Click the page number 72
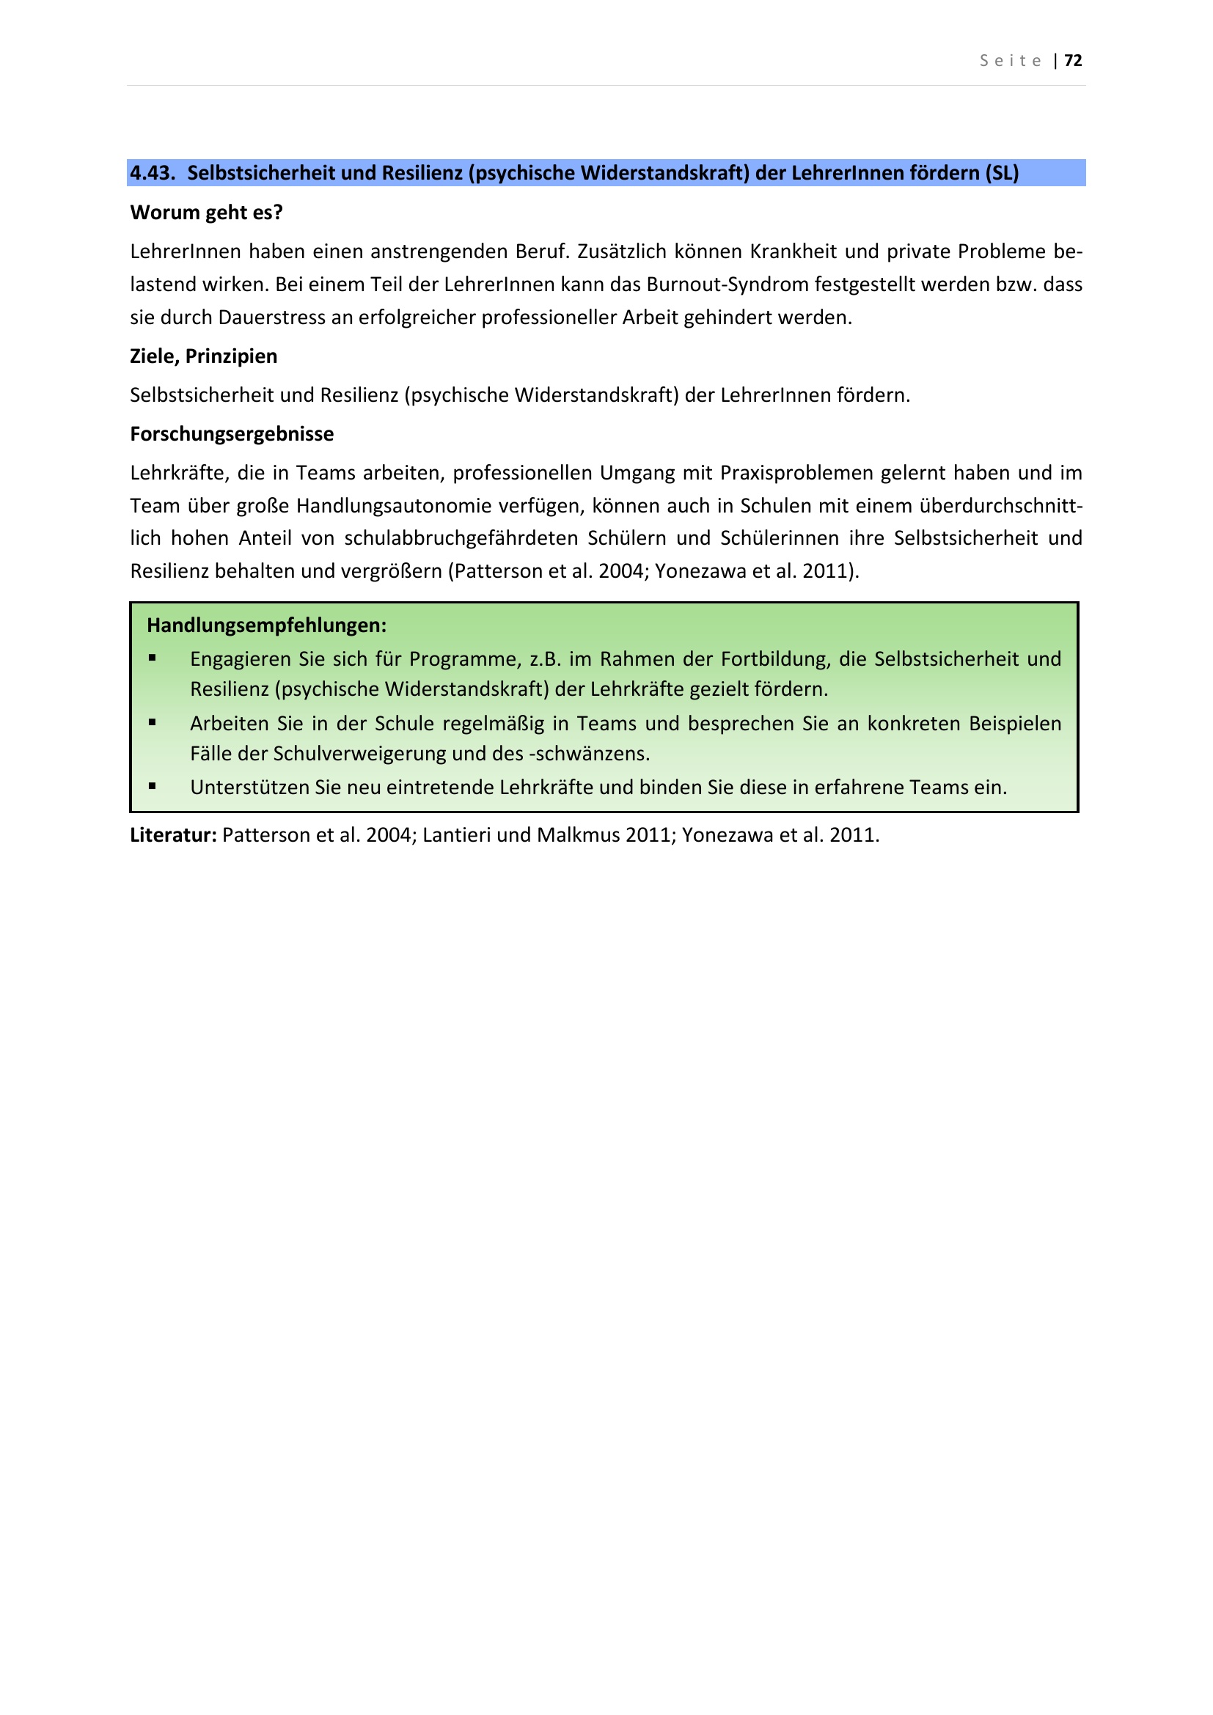click(x=1073, y=61)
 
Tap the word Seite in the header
click(x=1011, y=62)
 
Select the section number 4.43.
click(x=152, y=173)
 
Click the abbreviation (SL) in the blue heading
click(x=1002, y=173)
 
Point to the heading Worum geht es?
click(x=206, y=213)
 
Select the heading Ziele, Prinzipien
click(x=203, y=356)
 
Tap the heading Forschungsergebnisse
click(x=232, y=434)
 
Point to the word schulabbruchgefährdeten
click(x=461, y=539)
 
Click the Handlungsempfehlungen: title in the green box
click(x=267, y=625)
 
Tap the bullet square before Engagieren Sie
click(x=153, y=658)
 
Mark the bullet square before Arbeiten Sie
click(x=153, y=722)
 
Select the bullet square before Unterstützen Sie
click(x=153, y=786)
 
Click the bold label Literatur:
click(x=173, y=835)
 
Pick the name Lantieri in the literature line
click(x=456, y=835)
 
